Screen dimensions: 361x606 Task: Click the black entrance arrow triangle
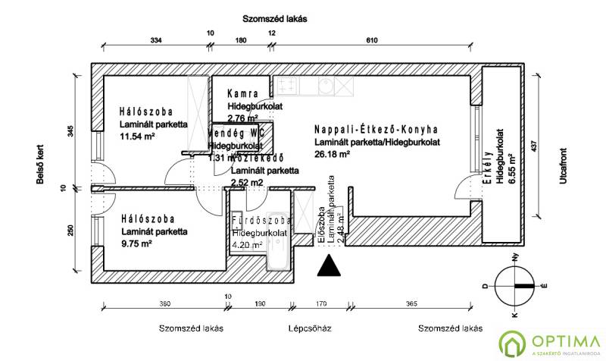pos(328,267)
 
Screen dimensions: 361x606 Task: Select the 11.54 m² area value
pos(137,137)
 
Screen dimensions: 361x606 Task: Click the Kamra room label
pos(243,95)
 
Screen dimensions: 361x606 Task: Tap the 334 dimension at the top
pos(157,39)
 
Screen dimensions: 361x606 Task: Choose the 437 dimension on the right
pos(544,147)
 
